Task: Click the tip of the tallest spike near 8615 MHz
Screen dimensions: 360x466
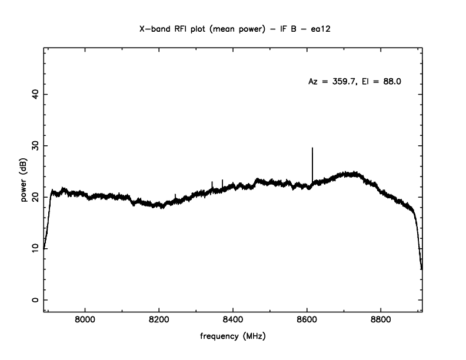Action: click(312, 148)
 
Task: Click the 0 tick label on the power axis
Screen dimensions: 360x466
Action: click(35, 300)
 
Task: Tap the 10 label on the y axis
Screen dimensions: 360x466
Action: click(35, 248)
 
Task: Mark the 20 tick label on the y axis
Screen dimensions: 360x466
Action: click(35, 197)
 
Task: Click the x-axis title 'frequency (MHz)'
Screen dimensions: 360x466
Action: click(233, 338)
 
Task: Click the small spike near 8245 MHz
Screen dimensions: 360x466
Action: click(175, 195)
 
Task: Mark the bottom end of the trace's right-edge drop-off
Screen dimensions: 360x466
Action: click(421, 269)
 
